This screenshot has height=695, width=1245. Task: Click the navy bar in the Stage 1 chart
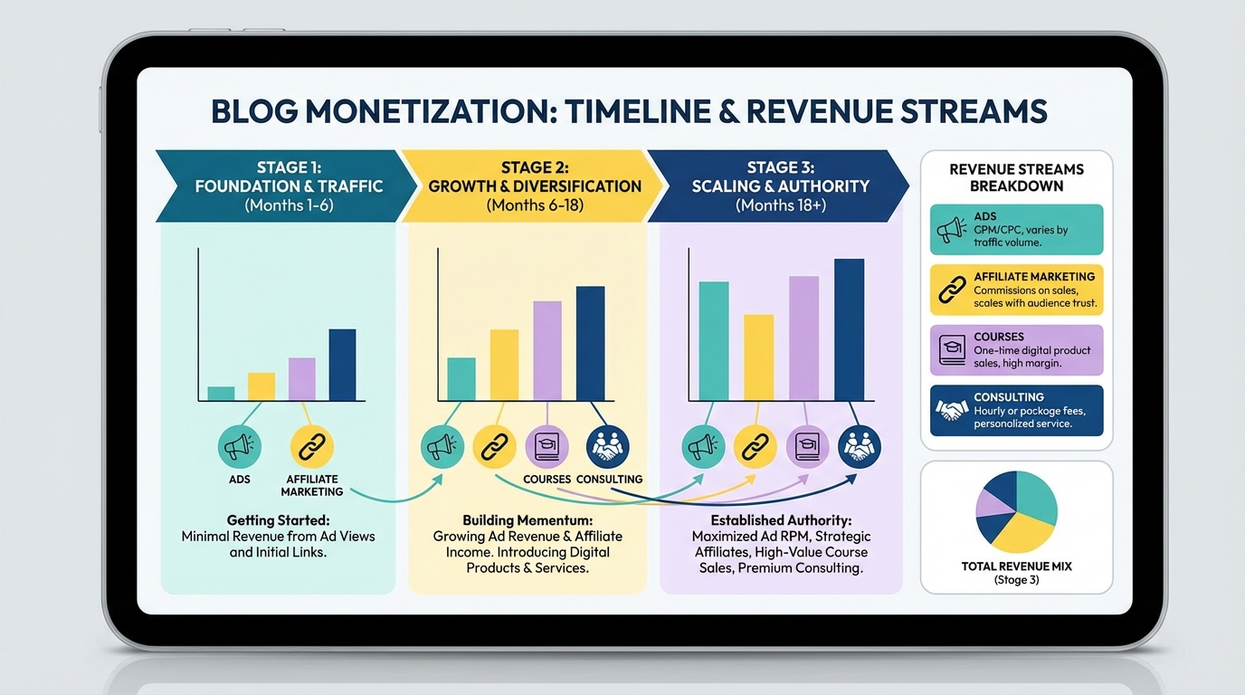[x=342, y=365]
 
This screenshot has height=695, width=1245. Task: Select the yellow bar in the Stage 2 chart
[x=504, y=365]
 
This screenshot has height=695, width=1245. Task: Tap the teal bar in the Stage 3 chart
[x=713, y=341]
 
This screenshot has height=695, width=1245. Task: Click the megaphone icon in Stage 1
[x=240, y=447]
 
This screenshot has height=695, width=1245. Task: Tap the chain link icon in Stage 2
[x=494, y=447]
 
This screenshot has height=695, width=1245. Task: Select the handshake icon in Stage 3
[x=859, y=446]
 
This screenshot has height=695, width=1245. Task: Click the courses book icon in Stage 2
[x=546, y=447]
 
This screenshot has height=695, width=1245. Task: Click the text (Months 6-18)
[x=535, y=205]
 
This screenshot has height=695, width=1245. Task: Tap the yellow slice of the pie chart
[x=1021, y=533]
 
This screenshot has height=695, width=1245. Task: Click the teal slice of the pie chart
[x=1036, y=502]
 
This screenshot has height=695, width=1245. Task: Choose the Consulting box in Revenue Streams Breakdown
[x=1016, y=411]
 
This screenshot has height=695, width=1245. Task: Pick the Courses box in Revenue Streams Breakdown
[x=1016, y=350]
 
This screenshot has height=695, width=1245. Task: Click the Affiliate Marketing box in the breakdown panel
[x=1016, y=290]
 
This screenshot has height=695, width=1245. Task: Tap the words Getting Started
[x=278, y=520]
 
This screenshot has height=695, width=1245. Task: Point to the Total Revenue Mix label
[x=1016, y=566]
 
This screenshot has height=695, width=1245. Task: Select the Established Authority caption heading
[x=781, y=520]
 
